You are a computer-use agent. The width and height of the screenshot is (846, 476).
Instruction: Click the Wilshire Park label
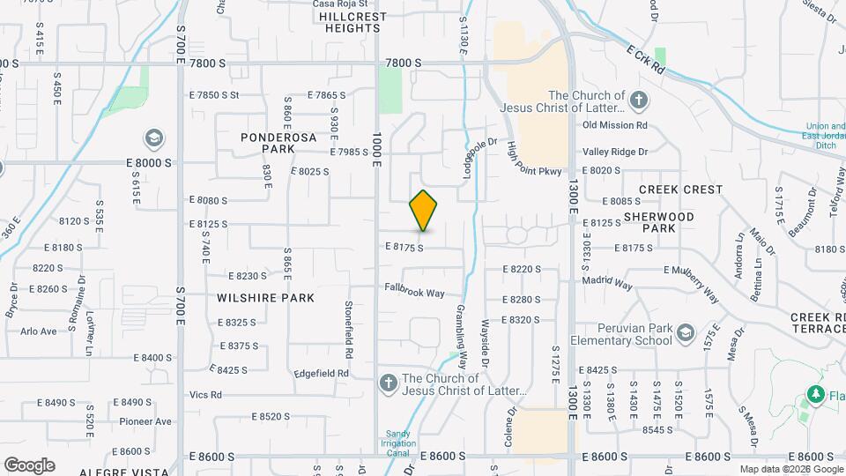tap(265, 298)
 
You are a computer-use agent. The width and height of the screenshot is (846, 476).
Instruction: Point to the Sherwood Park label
tap(658, 222)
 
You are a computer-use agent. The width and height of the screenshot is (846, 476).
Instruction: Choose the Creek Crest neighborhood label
tap(680, 190)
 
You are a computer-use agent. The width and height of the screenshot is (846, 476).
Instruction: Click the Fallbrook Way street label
tap(414, 289)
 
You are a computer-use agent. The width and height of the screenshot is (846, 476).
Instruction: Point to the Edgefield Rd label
tap(322, 374)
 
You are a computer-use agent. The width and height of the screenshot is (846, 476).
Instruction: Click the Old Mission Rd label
tap(615, 125)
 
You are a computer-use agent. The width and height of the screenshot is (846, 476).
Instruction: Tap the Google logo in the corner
tap(29, 465)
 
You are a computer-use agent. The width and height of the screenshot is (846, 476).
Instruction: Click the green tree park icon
tap(816, 394)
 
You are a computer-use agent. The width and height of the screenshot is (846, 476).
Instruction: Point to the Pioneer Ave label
tap(145, 421)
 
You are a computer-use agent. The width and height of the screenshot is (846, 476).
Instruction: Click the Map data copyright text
tap(790, 469)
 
